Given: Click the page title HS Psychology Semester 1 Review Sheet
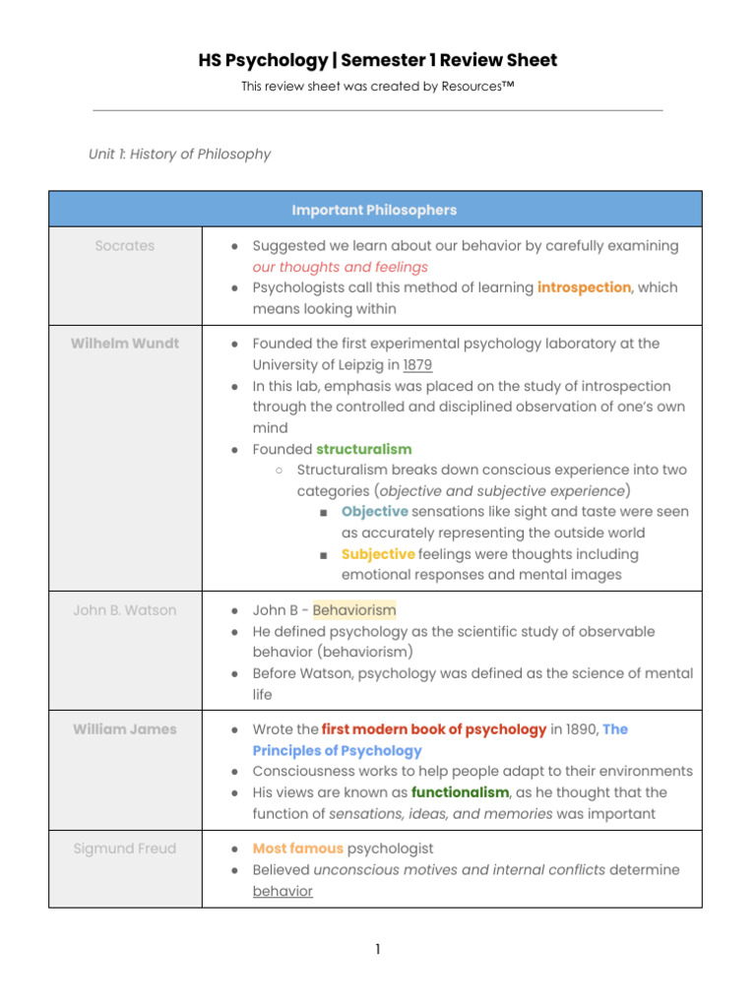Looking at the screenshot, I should [x=377, y=61].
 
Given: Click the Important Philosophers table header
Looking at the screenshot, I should [x=374, y=210].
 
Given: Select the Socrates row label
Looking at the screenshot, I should [x=125, y=246].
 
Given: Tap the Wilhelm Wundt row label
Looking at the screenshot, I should [x=125, y=344].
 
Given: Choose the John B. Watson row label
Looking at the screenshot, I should [x=125, y=610].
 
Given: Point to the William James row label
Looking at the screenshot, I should [x=125, y=729].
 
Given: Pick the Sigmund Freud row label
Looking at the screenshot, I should [x=125, y=849].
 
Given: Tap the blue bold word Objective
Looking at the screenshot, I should [x=374, y=512].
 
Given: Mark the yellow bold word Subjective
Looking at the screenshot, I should [x=378, y=554].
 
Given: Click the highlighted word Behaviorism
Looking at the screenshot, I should [x=354, y=610].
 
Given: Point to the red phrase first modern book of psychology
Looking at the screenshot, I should [x=434, y=729].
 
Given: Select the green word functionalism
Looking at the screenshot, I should [x=460, y=792].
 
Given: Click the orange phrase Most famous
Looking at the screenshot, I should [x=297, y=849].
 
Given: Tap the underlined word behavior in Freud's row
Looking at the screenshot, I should [x=283, y=892].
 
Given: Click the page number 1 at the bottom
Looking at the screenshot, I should [x=377, y=950].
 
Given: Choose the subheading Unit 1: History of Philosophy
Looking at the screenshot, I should [x=179, y=155].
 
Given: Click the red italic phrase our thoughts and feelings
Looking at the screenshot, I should [x=340, y=267].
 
